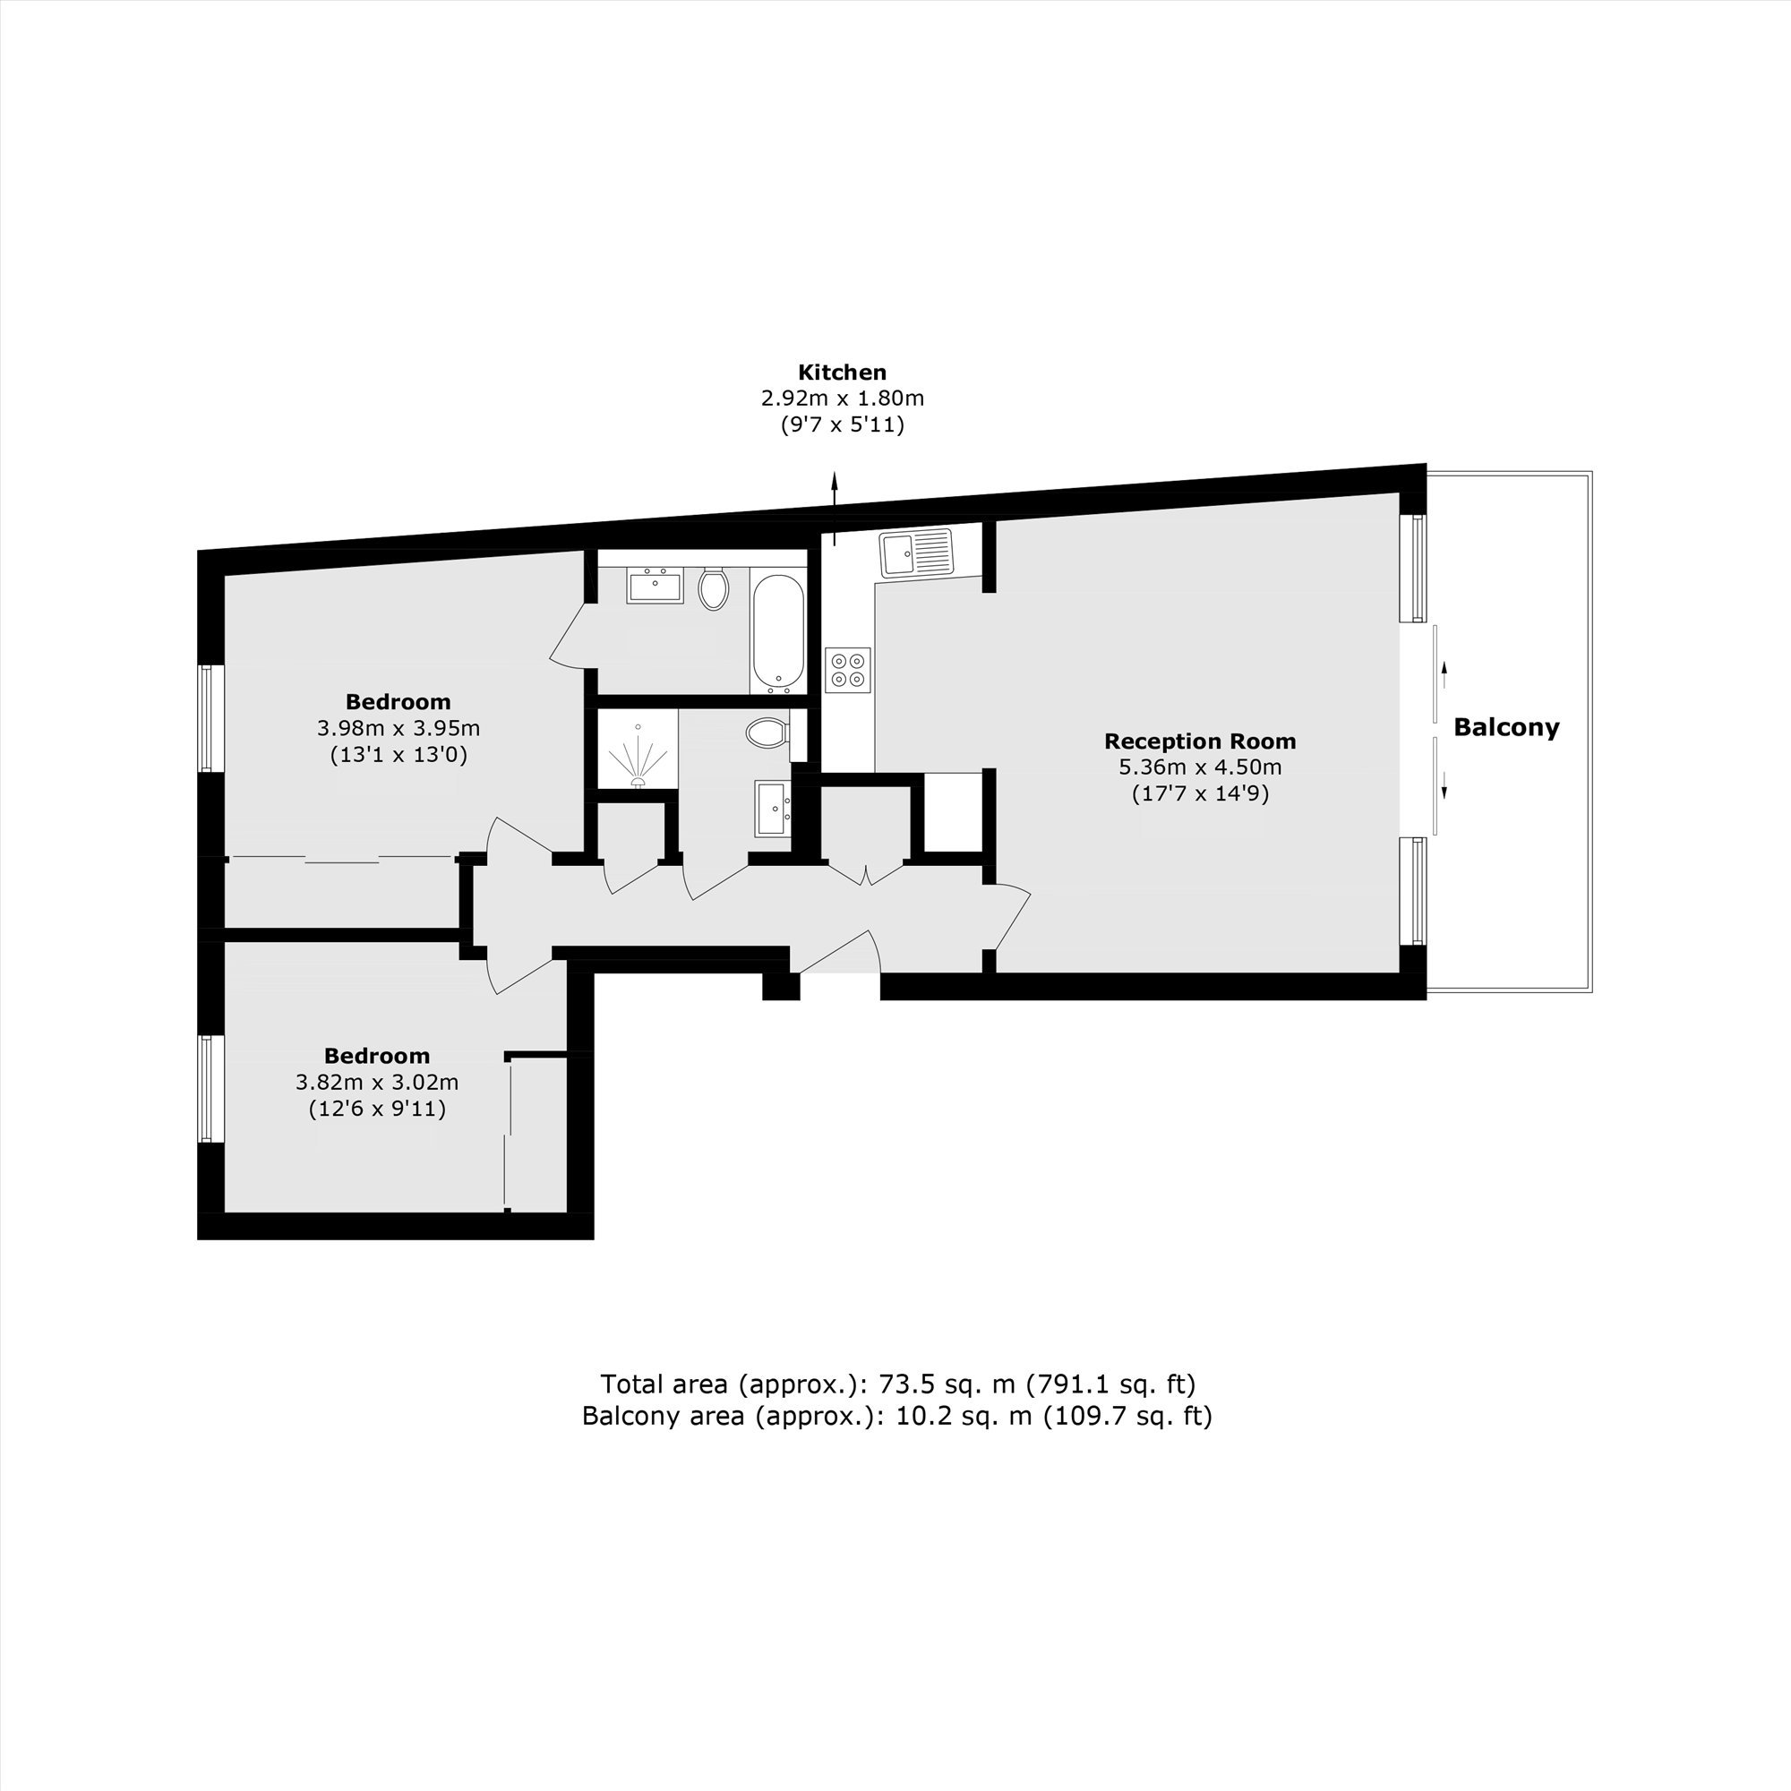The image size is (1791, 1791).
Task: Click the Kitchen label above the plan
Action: point(842,373)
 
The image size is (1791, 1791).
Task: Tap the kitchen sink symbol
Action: point(916,553)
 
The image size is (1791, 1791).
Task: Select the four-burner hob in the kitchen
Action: point(848,669)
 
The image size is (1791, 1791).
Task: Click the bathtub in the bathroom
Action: point(776,634)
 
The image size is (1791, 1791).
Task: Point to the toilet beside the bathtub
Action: point(713,587)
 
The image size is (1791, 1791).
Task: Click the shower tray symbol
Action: point(638,749)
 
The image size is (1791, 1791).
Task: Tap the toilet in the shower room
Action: point(768,733)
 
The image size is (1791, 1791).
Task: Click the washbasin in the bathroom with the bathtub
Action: point(655,587)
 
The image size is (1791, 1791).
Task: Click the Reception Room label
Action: point(1200,741)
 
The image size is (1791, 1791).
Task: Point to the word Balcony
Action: point(1506,728)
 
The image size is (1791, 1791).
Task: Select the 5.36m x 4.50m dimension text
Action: point(1200,767)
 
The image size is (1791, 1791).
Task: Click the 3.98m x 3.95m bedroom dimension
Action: point(398,729)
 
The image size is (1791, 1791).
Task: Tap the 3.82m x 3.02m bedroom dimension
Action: point(377,1082)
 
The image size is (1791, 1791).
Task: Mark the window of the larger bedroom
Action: point(207,717)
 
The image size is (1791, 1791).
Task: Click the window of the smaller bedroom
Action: point(207,1088)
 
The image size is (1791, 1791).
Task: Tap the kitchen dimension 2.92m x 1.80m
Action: point(843,398)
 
